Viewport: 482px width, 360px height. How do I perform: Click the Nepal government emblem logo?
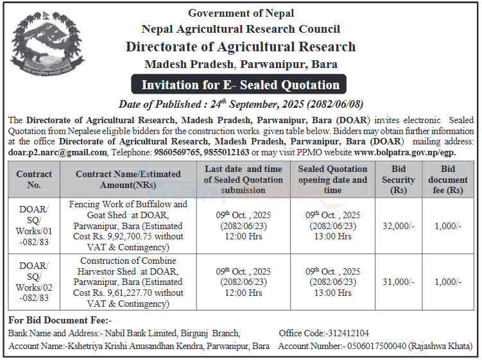click(47, 46)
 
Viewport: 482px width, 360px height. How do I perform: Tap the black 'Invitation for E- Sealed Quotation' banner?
click(240, 85)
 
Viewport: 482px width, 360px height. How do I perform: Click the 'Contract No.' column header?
click(34, 180)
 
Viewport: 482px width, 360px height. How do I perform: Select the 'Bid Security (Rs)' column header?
click(398, 180)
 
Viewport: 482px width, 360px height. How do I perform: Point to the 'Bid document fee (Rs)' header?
click(447, 180)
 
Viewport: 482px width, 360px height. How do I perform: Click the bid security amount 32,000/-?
click(398, 226)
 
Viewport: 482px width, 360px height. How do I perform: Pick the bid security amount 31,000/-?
click(398, 282)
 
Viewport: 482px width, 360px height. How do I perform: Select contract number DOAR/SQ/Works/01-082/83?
click(34, 226)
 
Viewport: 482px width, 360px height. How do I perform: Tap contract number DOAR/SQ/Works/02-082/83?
click(34, 282)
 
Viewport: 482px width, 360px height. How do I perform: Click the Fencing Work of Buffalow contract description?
click(128, 226)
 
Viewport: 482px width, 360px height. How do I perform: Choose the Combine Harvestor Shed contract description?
click(128, 282)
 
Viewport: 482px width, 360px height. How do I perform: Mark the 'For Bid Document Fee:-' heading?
click(60, 320)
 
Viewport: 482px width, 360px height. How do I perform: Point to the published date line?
click(240, 104)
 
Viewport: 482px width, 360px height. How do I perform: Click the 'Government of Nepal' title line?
click(241, 13)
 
